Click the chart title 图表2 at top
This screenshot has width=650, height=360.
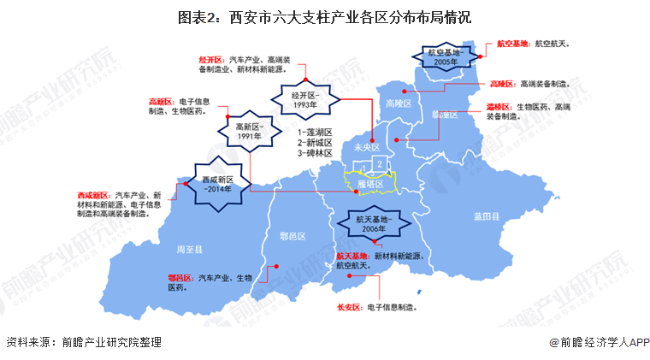point(324,16)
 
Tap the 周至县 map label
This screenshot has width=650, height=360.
point(188,249)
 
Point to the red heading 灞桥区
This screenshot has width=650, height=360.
point(499,107)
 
